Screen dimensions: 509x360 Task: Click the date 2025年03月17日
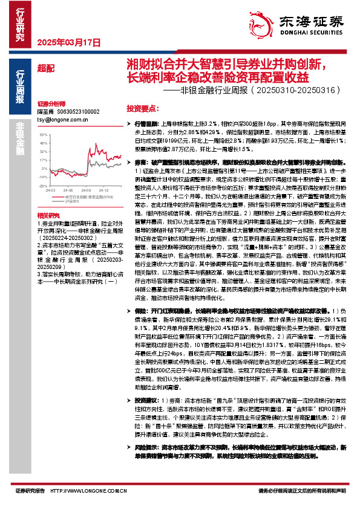point(68,43)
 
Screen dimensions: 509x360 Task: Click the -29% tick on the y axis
point(41,186)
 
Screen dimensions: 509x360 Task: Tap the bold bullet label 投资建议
point(145,400)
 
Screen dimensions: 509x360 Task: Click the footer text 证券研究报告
point(30,491)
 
